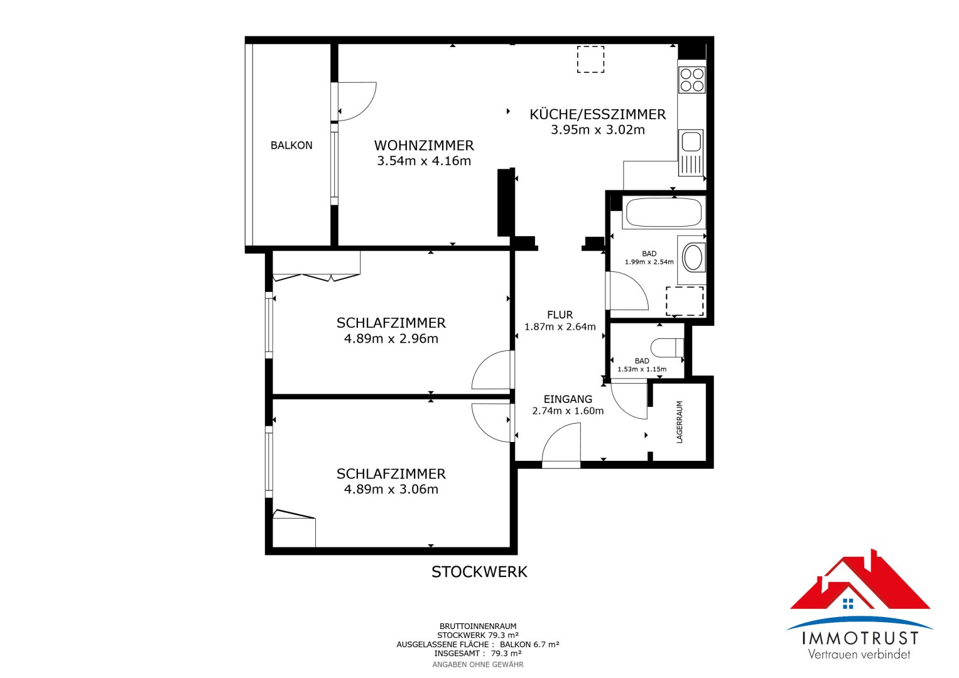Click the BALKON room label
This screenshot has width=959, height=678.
[x=291, y=146]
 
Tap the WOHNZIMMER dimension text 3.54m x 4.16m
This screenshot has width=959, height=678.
[x=424, y=161]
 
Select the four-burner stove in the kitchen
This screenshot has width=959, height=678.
[x=692, y=80]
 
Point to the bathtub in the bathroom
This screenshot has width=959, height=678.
[x=664, y=213]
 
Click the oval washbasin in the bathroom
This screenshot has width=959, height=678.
[x=693, y=258]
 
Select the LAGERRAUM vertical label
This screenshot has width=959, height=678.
[x=680, y=422]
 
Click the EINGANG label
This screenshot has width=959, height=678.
[x=568, y=399]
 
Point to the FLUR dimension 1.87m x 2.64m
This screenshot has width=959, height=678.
[x=560, y=327]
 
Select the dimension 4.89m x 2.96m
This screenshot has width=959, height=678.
[x=391, y=339]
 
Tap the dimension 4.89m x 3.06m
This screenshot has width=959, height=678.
[x=391, y=490]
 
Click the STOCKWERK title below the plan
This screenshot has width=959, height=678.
[x=479, y=572]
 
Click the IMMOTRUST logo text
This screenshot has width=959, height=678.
[x=860, y=638]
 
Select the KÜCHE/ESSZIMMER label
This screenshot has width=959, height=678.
[x=597, y=114]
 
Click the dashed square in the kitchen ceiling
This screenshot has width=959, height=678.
[x=590, y=60]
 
